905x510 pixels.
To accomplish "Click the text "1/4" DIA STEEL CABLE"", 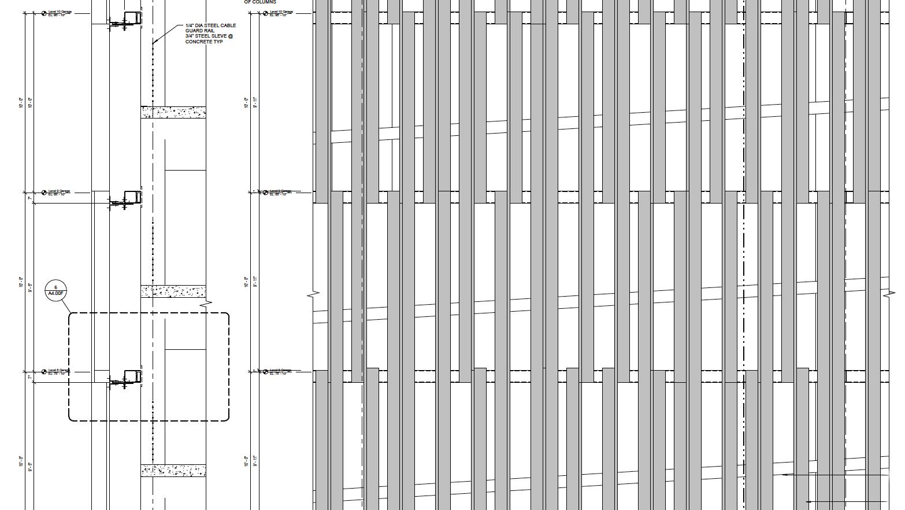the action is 210,25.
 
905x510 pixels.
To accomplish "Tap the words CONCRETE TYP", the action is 203,42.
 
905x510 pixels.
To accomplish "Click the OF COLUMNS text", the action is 260,2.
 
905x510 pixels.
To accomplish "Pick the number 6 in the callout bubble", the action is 56,287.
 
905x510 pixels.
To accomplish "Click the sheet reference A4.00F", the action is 56,294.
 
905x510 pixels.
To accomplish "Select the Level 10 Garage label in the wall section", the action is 59,12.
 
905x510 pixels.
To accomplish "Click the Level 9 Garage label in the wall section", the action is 59,191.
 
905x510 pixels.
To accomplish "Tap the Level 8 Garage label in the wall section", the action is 59,370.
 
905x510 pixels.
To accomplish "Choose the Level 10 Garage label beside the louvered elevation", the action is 281,12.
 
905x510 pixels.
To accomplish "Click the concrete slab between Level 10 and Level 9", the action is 173,112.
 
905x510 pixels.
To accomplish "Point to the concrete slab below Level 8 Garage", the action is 173,470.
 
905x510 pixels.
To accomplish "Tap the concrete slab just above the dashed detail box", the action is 173,291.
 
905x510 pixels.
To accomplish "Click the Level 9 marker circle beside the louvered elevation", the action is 266,193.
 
